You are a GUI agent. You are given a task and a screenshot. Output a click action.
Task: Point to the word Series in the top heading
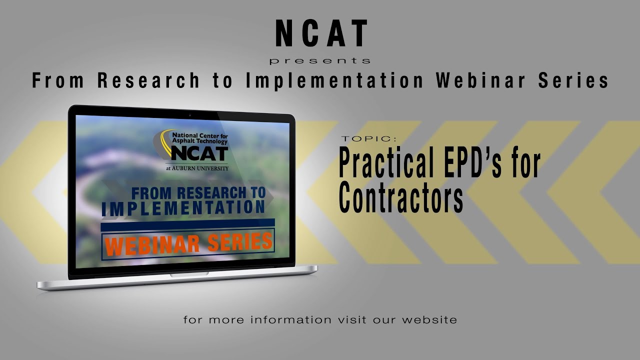pos(573,80)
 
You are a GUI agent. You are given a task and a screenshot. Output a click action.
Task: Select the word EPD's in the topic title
pos(485,163)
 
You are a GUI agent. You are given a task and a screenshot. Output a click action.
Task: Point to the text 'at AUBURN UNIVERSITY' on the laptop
pos(197,168)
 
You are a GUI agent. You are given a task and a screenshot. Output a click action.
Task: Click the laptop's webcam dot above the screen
pos(189,115)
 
